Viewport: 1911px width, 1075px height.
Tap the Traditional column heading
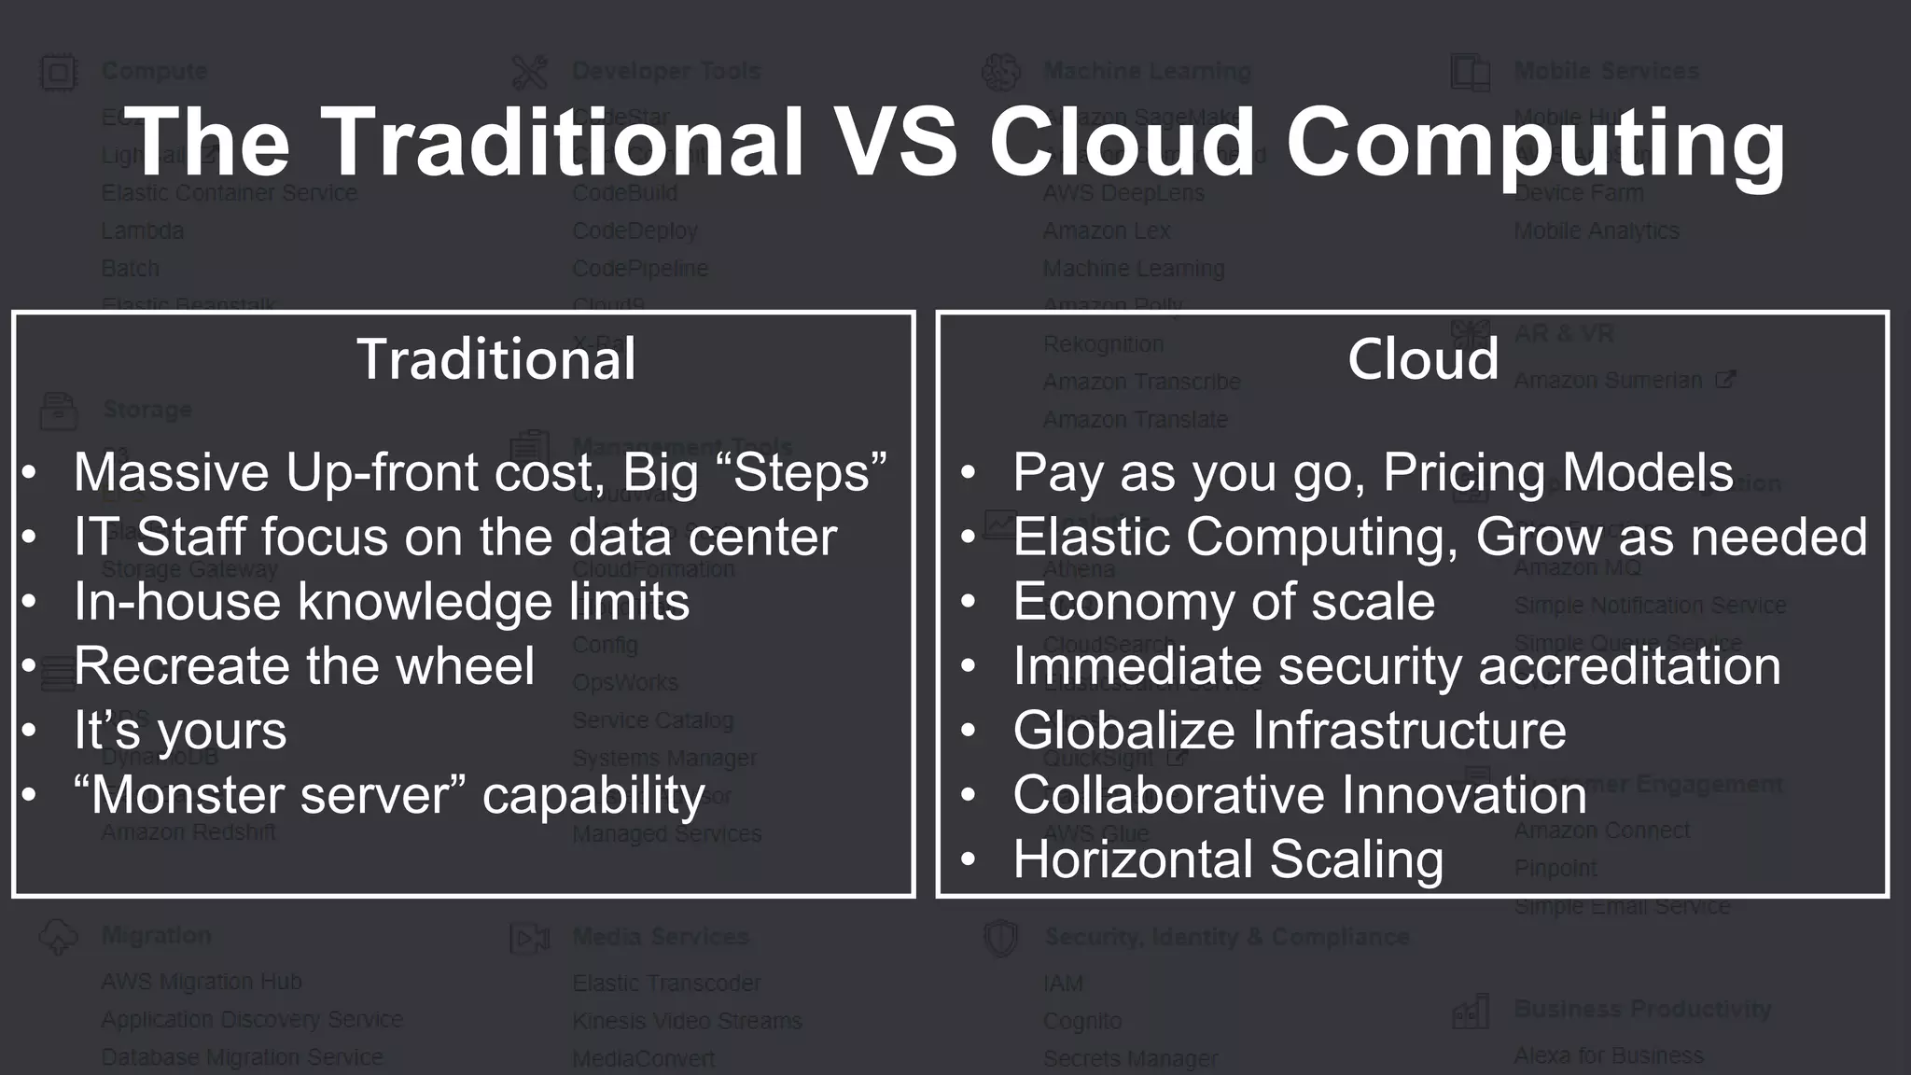496,359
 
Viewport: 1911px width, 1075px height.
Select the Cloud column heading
1423,359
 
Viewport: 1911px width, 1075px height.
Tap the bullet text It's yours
180,731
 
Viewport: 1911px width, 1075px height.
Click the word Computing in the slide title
1535,143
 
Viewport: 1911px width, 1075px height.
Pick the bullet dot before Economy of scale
969,602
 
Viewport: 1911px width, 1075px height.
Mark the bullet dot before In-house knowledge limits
30,602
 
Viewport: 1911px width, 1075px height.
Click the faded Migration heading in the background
156,935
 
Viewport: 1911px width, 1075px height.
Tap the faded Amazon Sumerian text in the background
1608,381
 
